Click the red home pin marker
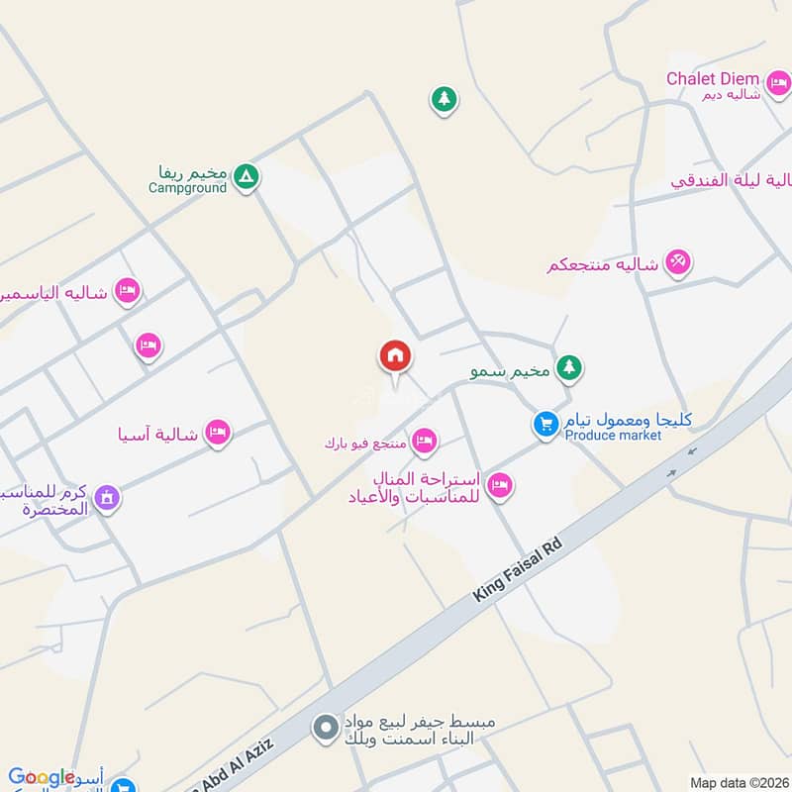(395, 356)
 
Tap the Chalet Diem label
(713, 78)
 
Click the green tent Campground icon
(247, 177)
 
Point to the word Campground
(188, 187)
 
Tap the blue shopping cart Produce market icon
(544, 425)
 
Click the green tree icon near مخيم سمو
(568, 368)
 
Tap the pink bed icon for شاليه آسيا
(218, 432)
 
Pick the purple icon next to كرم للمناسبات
(108, 497)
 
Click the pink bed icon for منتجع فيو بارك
(425, 441)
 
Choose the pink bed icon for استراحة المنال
(500, 485)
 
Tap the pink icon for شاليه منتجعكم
(678, 262)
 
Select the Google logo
(41, 778)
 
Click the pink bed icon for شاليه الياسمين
(126, 290)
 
